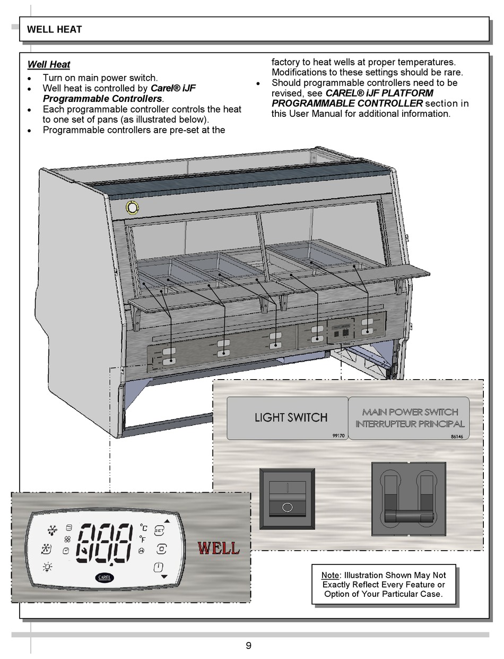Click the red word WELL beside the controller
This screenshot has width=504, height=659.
tap(218, 547)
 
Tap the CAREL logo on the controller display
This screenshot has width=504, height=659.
tap(105, 577)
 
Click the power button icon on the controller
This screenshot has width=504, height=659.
tap(159, 568)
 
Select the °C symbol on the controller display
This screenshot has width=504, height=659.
tap(143, 527)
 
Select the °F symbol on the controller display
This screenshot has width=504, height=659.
tap(143, 539)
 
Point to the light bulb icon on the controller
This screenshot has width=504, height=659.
tap(48, 567)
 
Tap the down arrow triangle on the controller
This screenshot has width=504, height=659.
tap(164, 576)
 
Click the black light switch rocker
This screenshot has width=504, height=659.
tap(286, 499)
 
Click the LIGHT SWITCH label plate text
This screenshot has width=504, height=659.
tap(291, 417)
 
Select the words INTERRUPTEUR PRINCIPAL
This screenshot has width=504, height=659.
tap(410, 424)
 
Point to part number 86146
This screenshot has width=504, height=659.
tap(457, 436)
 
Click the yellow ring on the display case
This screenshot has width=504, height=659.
tap(131, 207)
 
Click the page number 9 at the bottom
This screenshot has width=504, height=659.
tap(248, 646)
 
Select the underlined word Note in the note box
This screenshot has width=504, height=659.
tap(329, 575)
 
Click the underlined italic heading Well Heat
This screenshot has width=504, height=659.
tap(48, 65)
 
